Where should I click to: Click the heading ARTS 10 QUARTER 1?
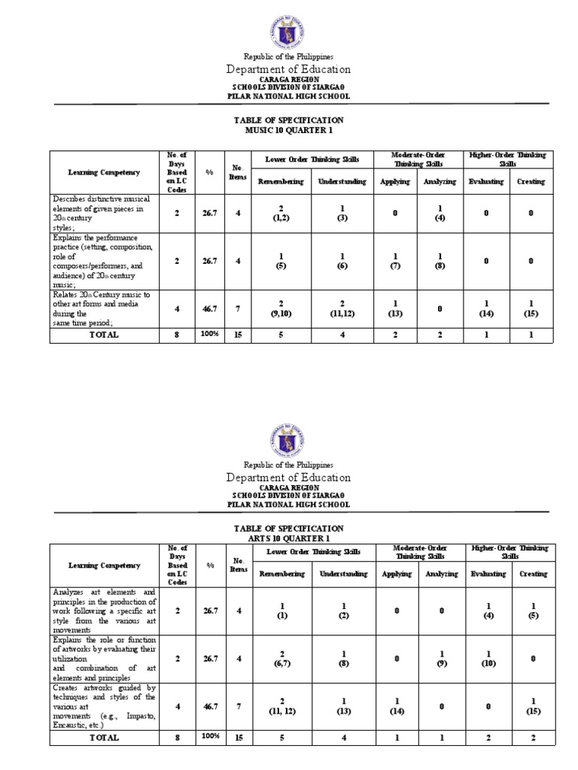(x=289, y=538)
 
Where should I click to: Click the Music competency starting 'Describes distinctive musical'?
(x=102, y=213)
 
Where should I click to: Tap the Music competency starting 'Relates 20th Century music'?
(x=102, y=308)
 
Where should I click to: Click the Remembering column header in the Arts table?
(x=281, y=574)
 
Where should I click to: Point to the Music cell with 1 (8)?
(x=440, y=260)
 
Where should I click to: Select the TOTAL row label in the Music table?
(x=104, y=335)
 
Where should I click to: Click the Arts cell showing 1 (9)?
(x=440, y=658)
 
